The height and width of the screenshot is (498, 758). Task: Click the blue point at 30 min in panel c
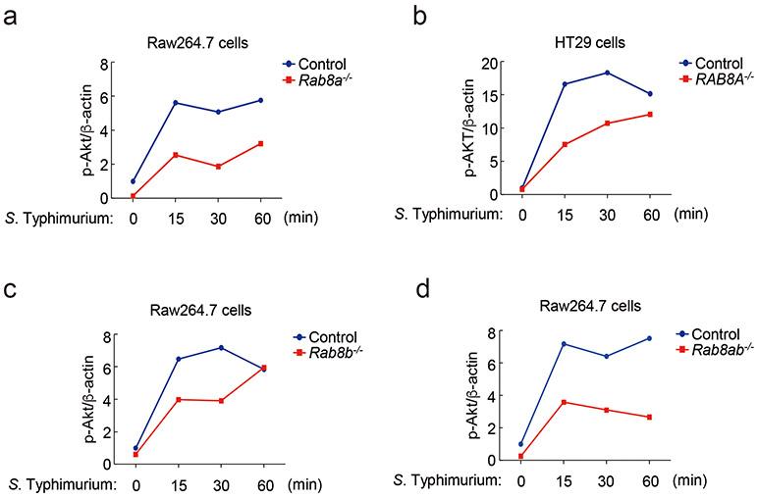[x=221, y=348]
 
